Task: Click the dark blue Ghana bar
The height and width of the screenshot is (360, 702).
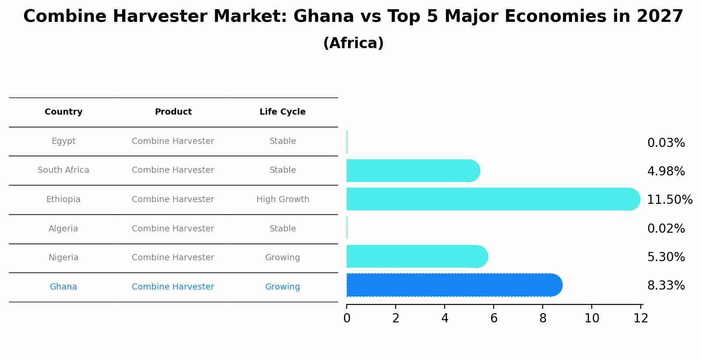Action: coord(454,285)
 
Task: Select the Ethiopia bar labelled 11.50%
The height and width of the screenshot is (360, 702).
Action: coord(493,199)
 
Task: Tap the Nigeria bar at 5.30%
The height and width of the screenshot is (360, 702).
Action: coord(417,256)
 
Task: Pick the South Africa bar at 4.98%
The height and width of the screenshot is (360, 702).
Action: coord(413,171)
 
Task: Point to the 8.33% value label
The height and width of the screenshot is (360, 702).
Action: coord(666,286)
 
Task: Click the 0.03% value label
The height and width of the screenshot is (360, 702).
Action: coord(666,143)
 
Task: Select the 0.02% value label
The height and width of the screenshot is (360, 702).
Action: coord(666,228)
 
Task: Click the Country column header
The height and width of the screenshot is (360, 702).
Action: coord(63,112)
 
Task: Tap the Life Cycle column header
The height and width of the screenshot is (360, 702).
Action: coord(282,112)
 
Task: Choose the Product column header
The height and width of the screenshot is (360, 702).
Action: coord(173,112)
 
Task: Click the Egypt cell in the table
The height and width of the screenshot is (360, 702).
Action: coord(63,141)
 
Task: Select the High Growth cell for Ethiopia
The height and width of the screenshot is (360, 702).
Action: coord(283,199)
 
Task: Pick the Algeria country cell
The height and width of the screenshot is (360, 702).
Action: coord(63,228)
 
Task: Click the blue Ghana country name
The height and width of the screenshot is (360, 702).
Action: coord(63,287)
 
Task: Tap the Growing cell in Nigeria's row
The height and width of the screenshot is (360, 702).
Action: coord(282,258)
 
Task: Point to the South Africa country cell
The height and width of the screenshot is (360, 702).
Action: coord(63,170)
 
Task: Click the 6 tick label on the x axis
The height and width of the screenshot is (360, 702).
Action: coord(494,318)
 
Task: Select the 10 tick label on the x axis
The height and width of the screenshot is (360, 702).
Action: coord(592,318)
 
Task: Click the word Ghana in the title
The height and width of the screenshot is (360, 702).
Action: coord(323,16)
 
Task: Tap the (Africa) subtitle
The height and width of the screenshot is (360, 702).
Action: coord(353,43)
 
